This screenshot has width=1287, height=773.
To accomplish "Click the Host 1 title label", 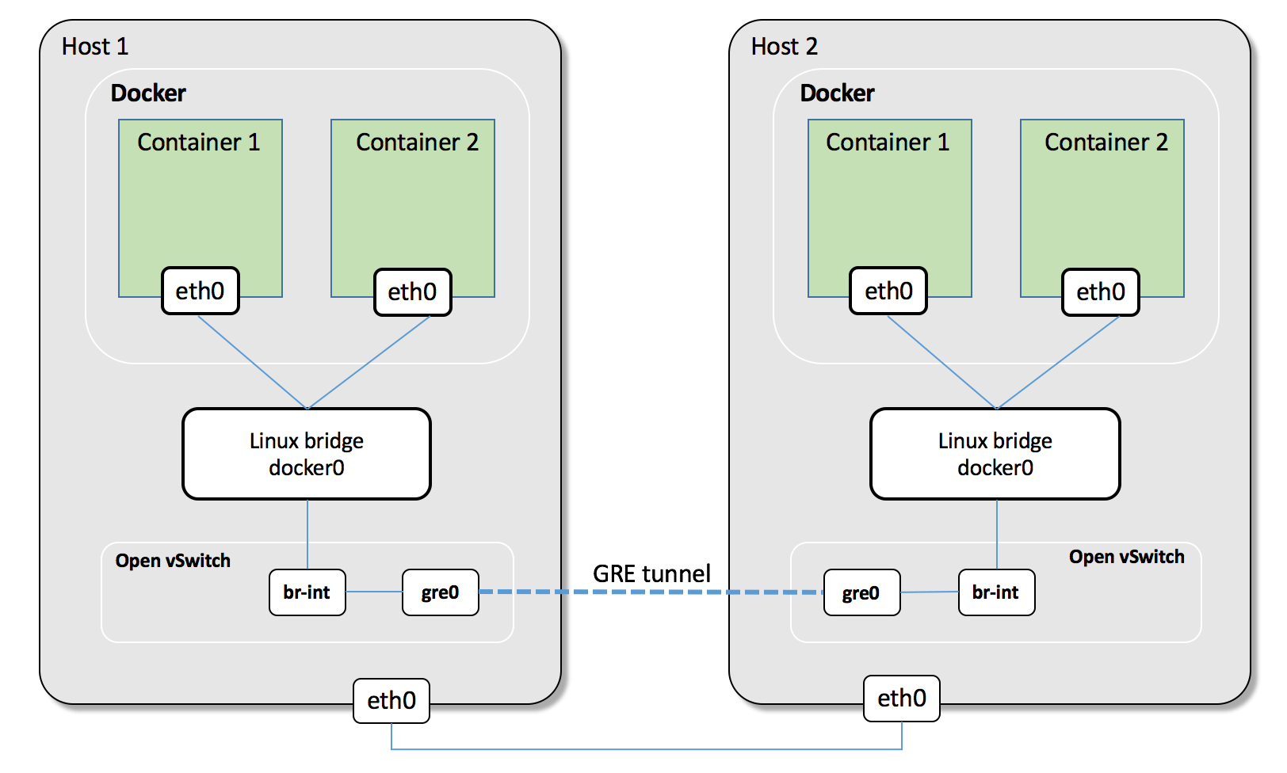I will (x=95, y=47).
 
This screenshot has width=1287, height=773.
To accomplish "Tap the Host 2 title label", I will (x=784, y=47).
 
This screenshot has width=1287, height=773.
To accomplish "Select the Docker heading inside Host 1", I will (x=148, y=93).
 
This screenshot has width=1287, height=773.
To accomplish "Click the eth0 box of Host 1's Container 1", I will (x=200, y=291).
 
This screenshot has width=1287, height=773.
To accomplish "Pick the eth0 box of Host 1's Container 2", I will (x=412, y=292).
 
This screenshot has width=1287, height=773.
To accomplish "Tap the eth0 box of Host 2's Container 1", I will (x=888, y=291).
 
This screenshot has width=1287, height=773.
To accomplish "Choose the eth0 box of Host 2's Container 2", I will (x=1101, y=292).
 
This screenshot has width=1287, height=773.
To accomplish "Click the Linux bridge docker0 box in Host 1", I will (x=307, y=454).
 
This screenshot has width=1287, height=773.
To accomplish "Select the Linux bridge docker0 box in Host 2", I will (x=995, y=454).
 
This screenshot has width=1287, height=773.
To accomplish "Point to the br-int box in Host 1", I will (x=307, y=592).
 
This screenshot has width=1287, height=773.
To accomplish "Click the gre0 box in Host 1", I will (x=441, y=592).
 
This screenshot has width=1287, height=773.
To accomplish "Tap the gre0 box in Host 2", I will (x=861, y=592).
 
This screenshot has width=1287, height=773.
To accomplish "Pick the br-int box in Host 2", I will (x=996, y=592).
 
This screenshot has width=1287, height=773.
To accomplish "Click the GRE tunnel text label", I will (x=651, y=573).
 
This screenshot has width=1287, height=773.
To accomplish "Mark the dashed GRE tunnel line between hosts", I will (x=650, y=592).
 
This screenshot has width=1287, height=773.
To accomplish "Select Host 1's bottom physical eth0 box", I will (x=391, y=701).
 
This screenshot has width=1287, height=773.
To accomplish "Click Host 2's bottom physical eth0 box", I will (x=902, y=699).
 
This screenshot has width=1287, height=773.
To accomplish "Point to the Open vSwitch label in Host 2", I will (x=1126, y=557).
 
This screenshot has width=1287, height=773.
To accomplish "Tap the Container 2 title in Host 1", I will (x=417, y=143).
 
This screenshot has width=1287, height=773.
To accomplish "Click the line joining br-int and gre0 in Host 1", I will (x=374, y=592).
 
